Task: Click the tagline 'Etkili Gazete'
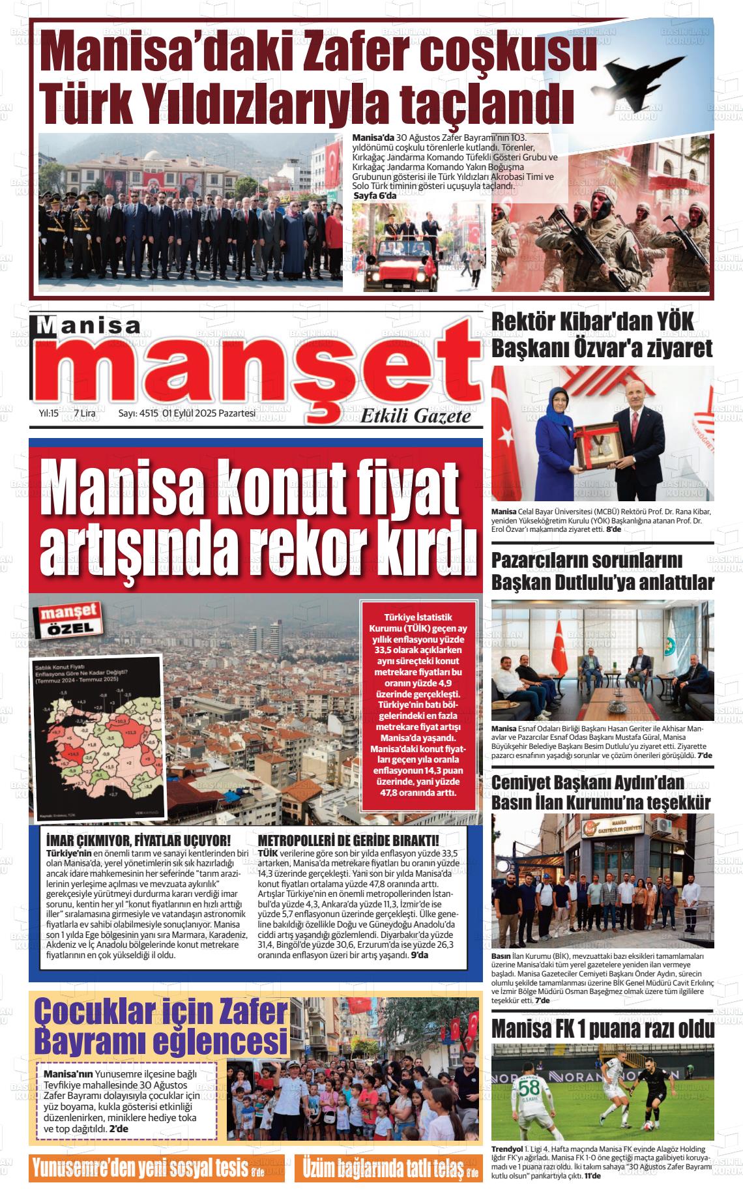416,415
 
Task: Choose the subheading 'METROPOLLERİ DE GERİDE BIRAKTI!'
348,840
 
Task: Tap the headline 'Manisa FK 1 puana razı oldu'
602,1029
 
